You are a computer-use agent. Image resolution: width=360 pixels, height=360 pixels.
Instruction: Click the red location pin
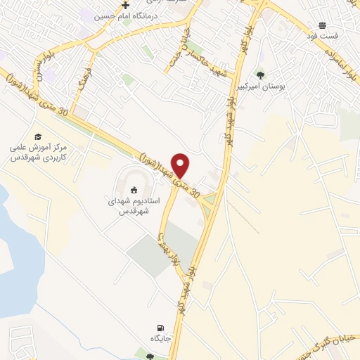(181, 165)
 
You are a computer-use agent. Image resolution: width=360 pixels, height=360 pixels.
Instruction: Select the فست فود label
(326, 35)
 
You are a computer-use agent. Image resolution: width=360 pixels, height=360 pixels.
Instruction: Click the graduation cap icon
(38, 136)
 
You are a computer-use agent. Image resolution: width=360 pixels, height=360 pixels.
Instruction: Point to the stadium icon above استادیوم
(134, 189)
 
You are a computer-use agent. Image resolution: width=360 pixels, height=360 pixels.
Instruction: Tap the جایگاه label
(161, 340)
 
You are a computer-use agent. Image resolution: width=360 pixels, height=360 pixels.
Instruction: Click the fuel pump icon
(162, 328)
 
